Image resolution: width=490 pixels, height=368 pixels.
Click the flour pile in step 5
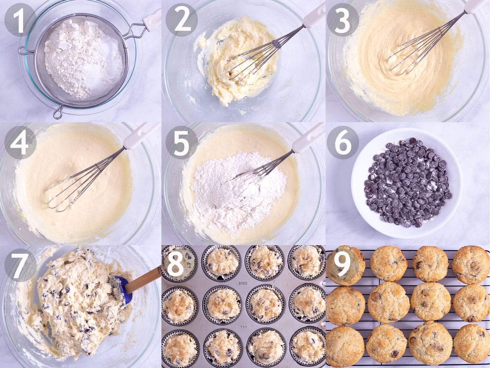click(236, 187)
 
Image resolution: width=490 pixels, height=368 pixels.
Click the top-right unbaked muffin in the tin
click(307, 263)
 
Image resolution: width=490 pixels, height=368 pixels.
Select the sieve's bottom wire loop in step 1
click(58, 113)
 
